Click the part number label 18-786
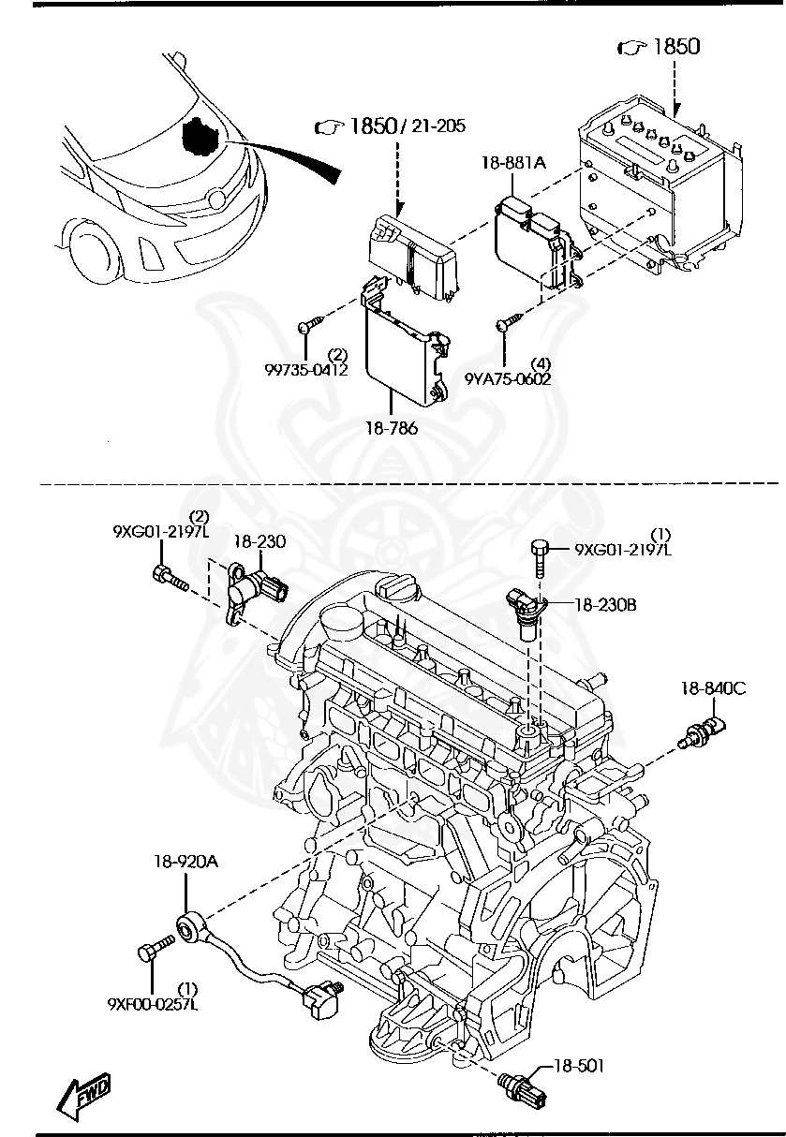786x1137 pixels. (392, 428)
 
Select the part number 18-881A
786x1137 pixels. (513, 162)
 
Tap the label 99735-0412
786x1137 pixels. (305, 370)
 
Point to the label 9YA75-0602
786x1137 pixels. (507, 379)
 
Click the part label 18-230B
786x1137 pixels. (605, 605)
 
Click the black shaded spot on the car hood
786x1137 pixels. (200, 137)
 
